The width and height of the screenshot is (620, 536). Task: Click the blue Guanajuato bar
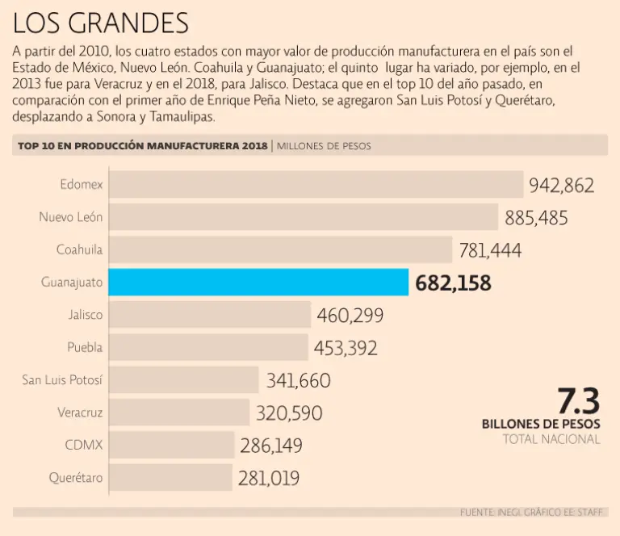[258, 283]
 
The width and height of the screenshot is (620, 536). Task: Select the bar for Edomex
[315, 184]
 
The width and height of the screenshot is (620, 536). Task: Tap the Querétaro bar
[170, 477]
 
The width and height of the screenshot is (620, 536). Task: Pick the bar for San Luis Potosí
[183, 379]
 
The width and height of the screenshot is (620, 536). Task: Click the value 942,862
[562, 186]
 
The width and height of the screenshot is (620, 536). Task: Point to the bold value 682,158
[453, 283]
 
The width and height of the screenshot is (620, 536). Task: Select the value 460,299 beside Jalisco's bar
[350, 316]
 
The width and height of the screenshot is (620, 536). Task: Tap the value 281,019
[269, 479]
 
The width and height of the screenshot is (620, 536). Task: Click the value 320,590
[289, 413]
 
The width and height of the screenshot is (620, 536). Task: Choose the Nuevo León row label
[71, 217]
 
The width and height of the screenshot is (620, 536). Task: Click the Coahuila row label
[79, 249]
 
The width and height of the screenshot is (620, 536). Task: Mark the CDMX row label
[84, 445]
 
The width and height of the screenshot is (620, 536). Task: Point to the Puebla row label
[85, 347]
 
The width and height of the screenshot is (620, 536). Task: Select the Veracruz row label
[80, 412]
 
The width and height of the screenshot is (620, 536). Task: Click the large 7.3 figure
[578, 400]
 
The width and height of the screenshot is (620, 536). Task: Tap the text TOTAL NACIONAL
[551, 439]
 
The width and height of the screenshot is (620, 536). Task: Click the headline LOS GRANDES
[101, 23]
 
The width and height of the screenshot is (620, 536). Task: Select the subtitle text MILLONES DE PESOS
[324, 146]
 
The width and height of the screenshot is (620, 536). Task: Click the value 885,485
[536, 218]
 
